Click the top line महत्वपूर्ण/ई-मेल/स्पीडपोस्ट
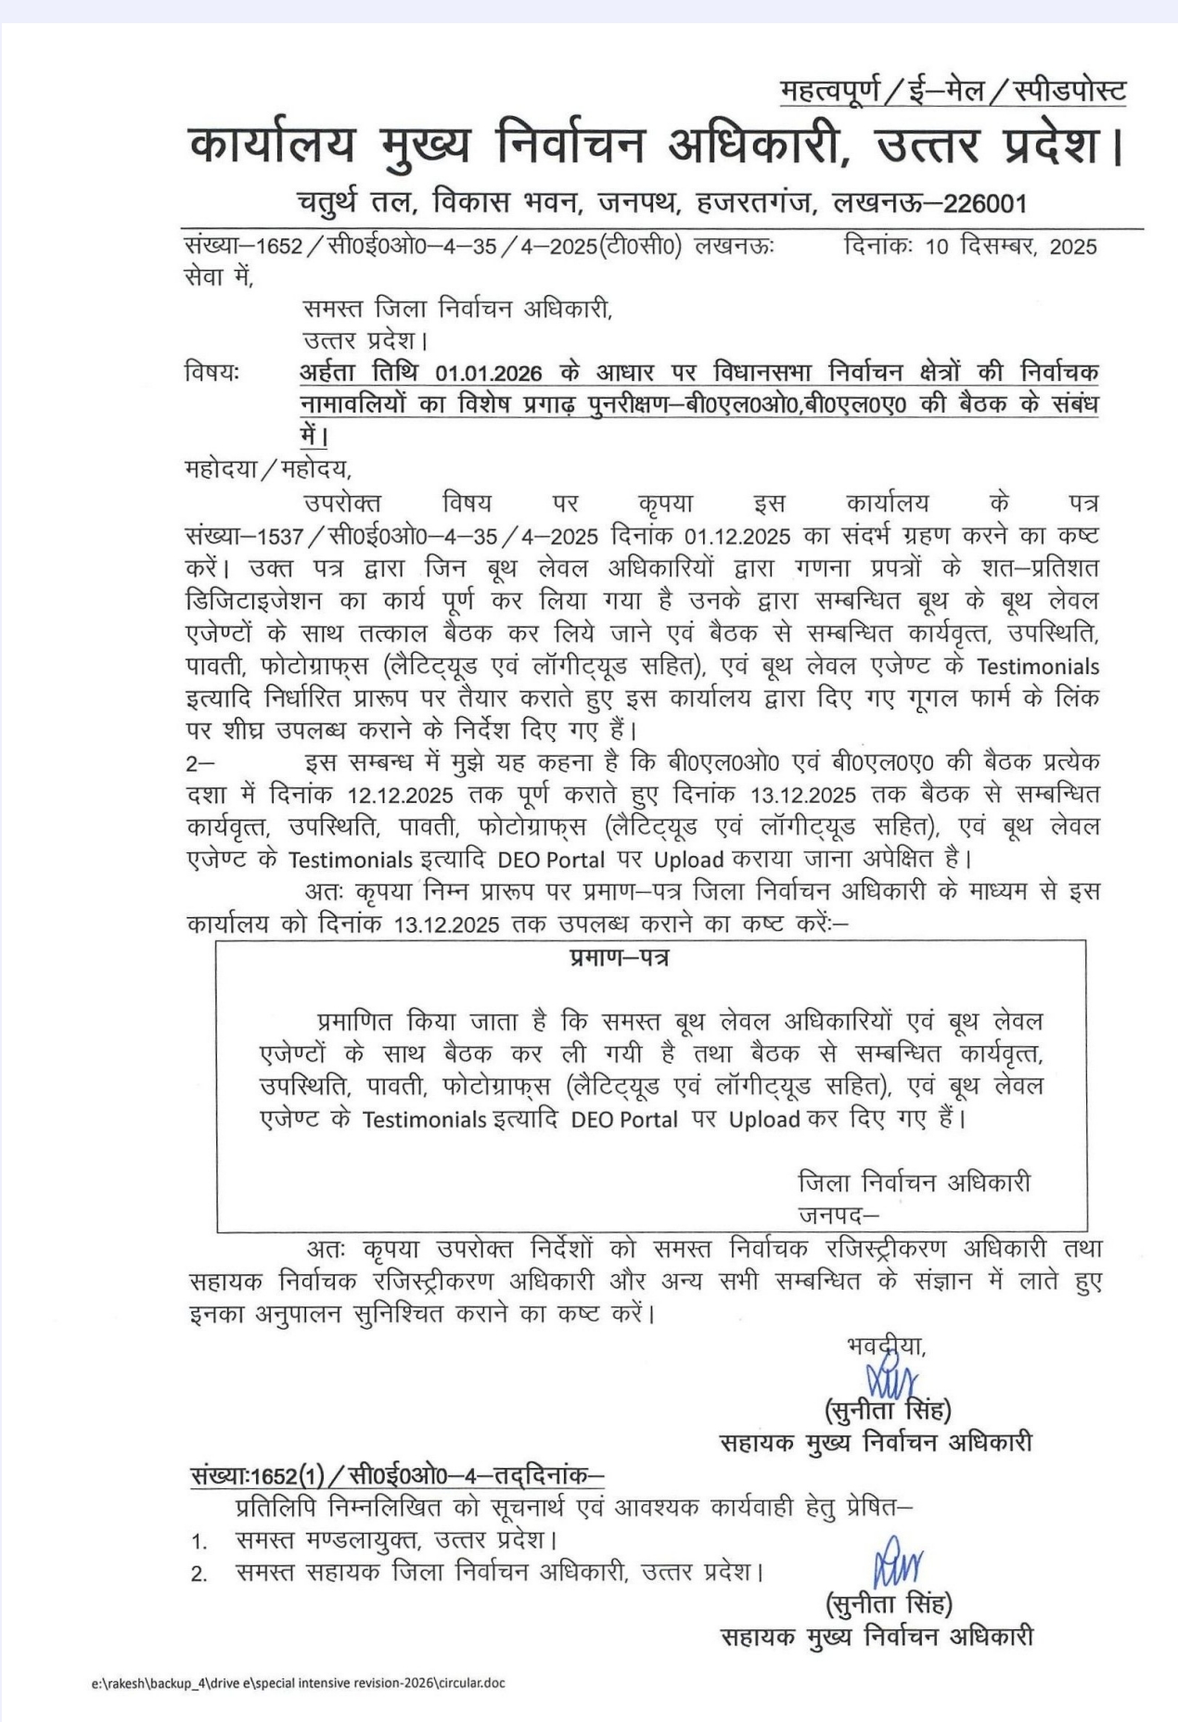tap(953, 91)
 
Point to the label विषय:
tap(211, 373)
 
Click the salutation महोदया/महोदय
tap(268, 469)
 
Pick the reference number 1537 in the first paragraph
tap(278, 536)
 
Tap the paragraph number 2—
tap(199, 763)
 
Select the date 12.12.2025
tap(400, 796)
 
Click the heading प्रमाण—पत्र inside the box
tap(620, 958)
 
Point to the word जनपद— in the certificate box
tap(838, 1214)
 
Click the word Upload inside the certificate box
tap(763, 1119)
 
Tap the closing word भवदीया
tap(886, 1344)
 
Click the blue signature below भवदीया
tap(890, 1379)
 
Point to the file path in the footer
tap(298, 1682)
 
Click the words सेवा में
tap(219, 276)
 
